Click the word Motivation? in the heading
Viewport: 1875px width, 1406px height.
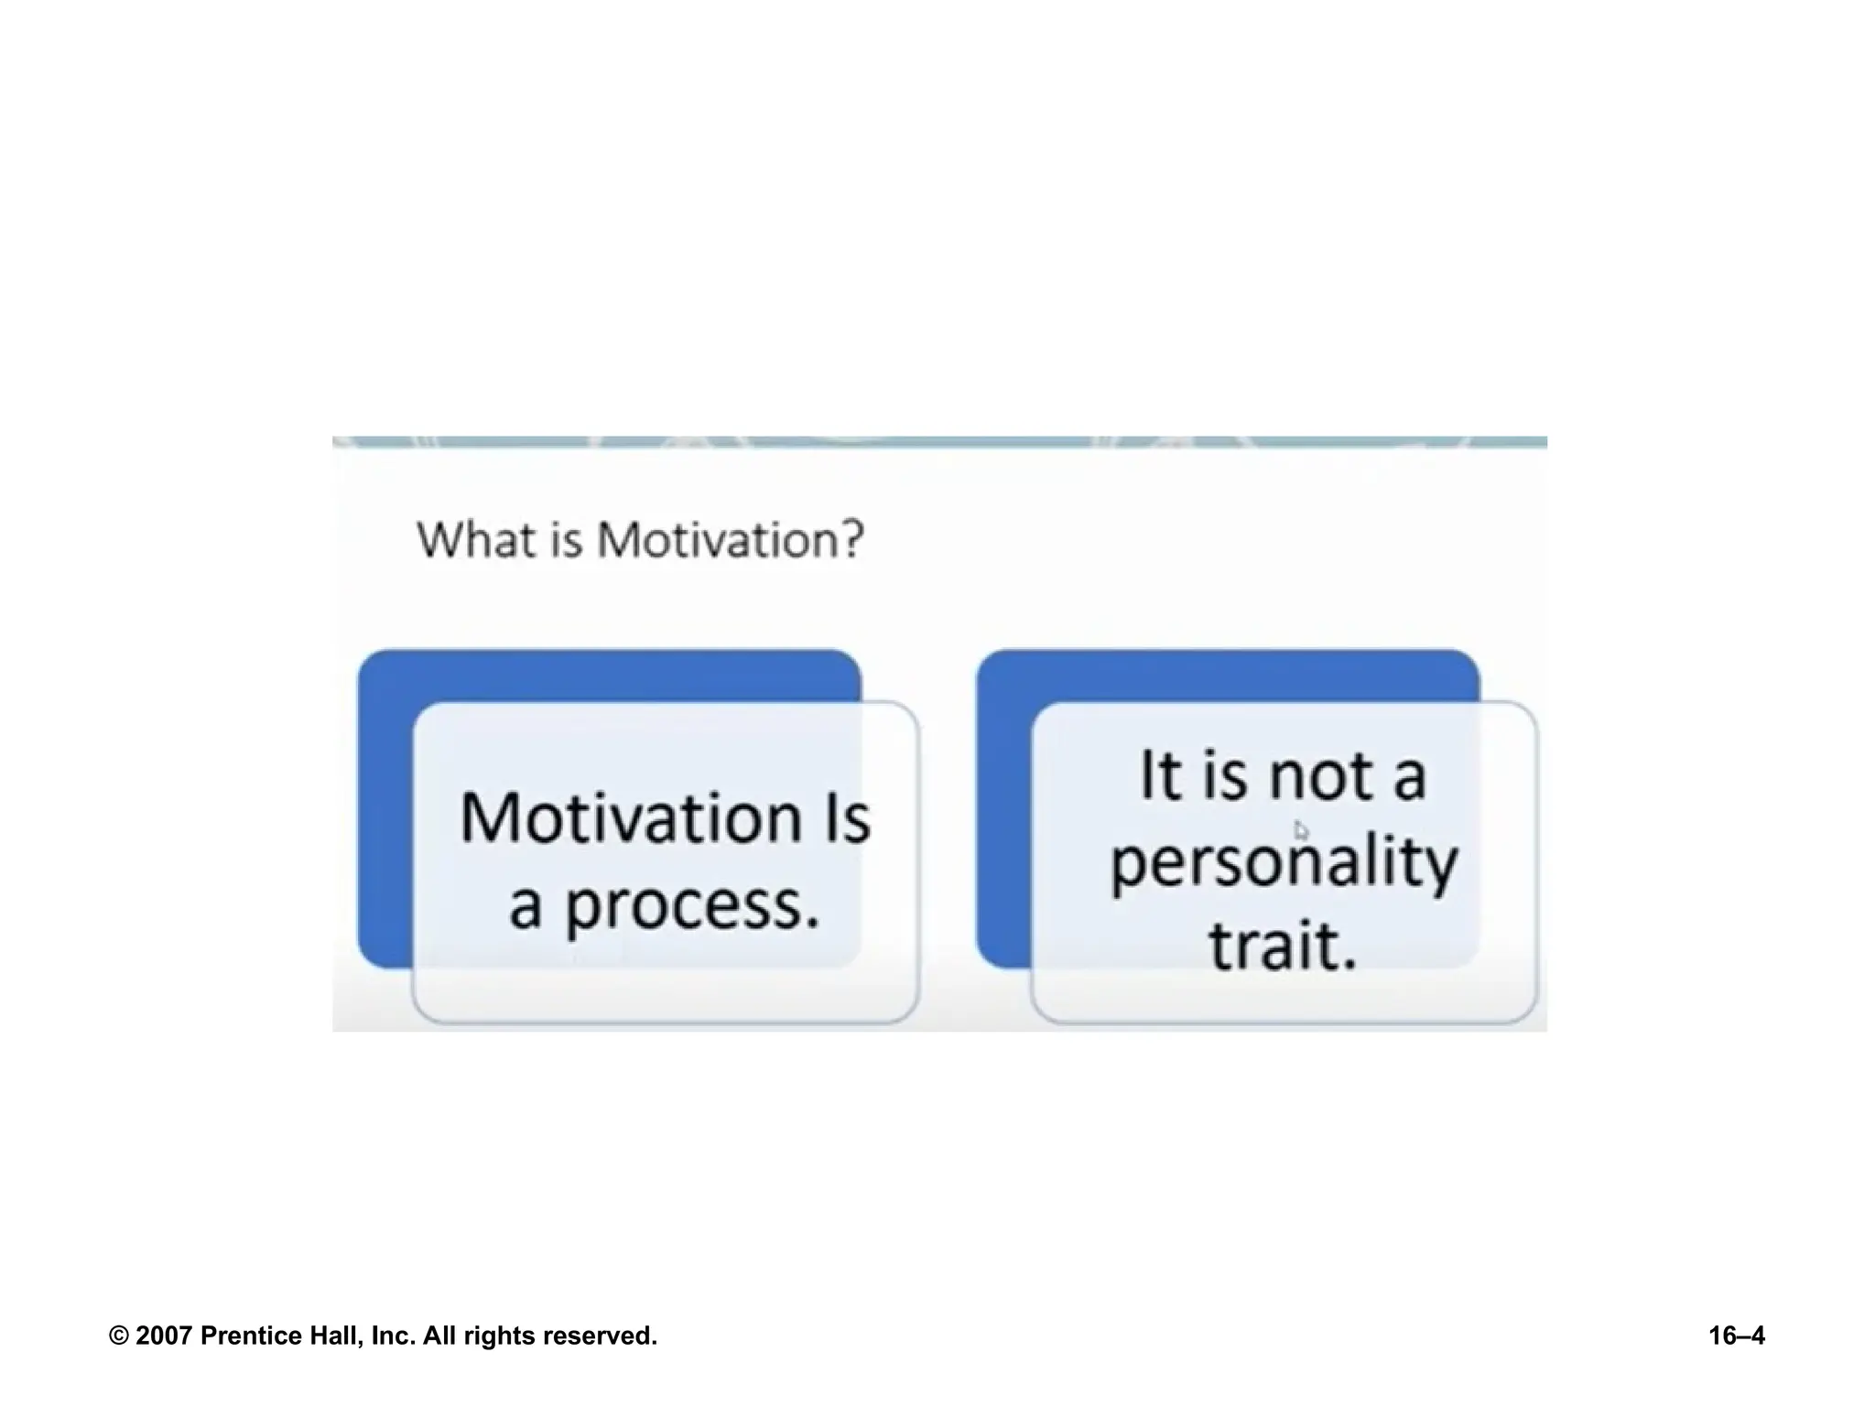coord(731,539)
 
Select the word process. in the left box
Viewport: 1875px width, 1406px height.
coord(691,906)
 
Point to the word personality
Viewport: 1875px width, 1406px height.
coord(1284,863)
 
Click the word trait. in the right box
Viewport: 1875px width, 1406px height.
coord(1282,946)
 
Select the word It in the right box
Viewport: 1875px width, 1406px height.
coord(1160,776)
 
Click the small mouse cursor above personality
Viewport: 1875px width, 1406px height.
coord(1301,829)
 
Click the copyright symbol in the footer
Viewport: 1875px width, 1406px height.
coord(118,1336)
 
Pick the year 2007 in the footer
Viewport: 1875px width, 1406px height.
coord(165,1336)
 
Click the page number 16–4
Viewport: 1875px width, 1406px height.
coord(1736,1336)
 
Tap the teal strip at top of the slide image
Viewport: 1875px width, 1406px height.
coord(938,442)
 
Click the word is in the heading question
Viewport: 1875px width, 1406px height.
coord(566,539)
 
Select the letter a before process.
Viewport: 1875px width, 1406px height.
coord(525,906)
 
